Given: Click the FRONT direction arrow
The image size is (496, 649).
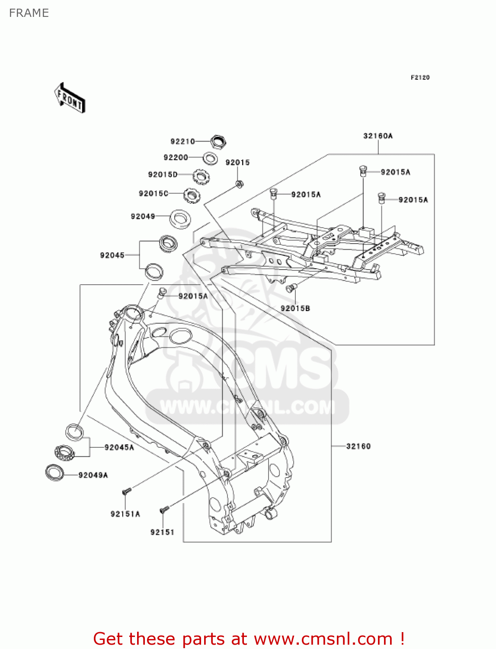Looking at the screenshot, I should [69, 98].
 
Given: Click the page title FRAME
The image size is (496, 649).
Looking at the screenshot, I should [29, 13].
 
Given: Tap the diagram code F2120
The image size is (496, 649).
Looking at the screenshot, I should [420, 77].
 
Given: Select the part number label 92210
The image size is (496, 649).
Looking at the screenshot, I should [182, 141].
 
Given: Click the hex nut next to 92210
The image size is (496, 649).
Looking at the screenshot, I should [219, 141].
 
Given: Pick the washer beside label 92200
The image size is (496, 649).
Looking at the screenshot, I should [210, 158].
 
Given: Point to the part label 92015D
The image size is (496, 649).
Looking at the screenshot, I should [163, 174].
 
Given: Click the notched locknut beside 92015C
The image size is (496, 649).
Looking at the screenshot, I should [192, 196].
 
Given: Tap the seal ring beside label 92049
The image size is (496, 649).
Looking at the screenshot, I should [179, 218].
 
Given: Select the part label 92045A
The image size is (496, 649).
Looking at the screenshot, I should [119, 447].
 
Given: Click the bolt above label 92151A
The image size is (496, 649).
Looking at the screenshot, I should [126, 491].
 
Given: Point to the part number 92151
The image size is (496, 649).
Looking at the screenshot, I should [162, 532].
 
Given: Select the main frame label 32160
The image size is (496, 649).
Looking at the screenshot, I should [358, 446].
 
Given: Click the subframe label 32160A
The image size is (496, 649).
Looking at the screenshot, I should [378, 136].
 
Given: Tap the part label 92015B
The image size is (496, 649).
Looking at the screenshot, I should [295, 308].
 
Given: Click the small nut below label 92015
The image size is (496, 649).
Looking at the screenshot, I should [239, 184].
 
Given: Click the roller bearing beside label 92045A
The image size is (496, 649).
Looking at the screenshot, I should [65, 453].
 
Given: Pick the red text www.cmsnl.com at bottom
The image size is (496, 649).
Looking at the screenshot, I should [323, 639].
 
